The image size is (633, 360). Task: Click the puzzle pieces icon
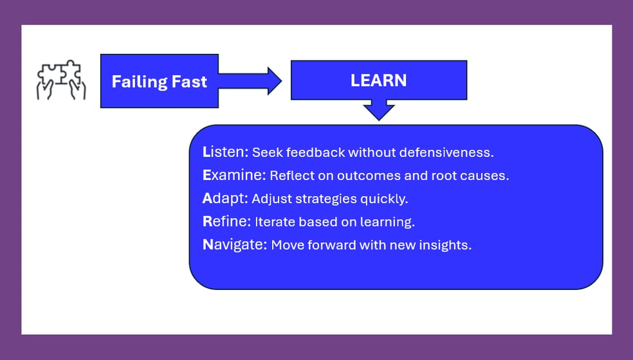tap(61, 80)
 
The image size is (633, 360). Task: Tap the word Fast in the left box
tap(189, 82)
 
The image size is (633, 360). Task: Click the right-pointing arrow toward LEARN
tap(250, 81)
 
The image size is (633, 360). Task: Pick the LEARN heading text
tap(378, 80)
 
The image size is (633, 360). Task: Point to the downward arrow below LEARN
tap(379, 110)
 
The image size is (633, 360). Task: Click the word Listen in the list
tap(226, 152)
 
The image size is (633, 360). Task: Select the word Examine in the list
tap(234, 175)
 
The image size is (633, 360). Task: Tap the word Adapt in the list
tap(225, 199)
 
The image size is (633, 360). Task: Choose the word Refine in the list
tap(226, 221)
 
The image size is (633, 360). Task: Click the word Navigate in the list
tap(235, 244)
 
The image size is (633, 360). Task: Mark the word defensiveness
tap(446, 152)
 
